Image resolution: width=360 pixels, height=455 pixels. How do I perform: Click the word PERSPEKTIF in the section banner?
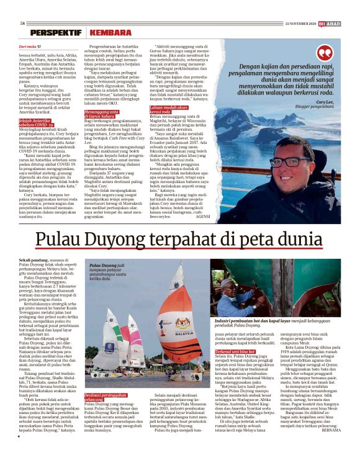coord(56,33)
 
